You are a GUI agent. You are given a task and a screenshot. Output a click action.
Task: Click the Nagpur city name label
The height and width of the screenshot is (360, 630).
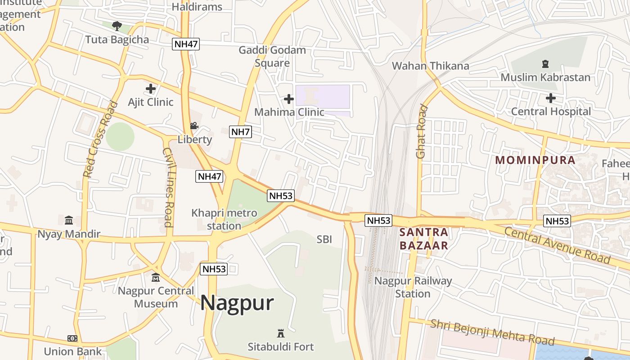tap(237, 303)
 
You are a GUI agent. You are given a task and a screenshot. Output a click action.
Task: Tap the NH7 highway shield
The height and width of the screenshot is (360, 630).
tap(240, 132)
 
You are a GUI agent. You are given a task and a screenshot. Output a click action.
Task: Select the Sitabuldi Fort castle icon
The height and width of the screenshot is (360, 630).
tap(281, 333)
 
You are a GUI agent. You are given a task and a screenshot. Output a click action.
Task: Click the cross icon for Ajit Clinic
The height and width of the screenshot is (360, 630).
tap(151, 89)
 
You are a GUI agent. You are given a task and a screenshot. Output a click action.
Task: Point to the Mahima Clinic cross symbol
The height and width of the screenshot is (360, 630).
tap(289, 99)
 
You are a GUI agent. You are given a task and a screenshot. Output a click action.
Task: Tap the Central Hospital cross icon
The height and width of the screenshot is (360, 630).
tap(550, 98)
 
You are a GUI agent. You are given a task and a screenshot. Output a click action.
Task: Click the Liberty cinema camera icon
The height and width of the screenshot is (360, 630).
tap(194, 126)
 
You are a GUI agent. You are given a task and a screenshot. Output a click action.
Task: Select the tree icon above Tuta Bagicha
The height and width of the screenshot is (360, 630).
tap(117, 26)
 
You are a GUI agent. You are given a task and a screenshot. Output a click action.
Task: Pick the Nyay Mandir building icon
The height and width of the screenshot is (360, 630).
tap(69, 220)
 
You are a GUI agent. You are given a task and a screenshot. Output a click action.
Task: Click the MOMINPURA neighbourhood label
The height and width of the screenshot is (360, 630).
tap(535, 160)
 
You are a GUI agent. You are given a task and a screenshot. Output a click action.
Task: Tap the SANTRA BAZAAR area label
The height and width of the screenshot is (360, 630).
tap(424, 239)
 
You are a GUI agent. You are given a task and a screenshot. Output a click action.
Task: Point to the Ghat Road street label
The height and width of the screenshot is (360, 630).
tap(421, 131)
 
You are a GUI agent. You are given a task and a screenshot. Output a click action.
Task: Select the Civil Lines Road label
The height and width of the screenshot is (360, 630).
tap(167, 187)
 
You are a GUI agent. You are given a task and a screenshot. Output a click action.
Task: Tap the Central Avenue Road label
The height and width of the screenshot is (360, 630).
tap(557, 246)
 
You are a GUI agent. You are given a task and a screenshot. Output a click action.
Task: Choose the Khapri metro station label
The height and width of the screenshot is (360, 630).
tap(224, 219)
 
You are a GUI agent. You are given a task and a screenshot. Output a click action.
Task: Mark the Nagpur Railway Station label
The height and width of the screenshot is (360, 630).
tap(413, 287)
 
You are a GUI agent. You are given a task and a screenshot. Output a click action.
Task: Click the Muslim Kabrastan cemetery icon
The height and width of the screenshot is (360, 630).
tap(545, 64)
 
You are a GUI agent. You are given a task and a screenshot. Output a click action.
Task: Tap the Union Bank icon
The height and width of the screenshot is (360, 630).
tap(72, 338)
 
